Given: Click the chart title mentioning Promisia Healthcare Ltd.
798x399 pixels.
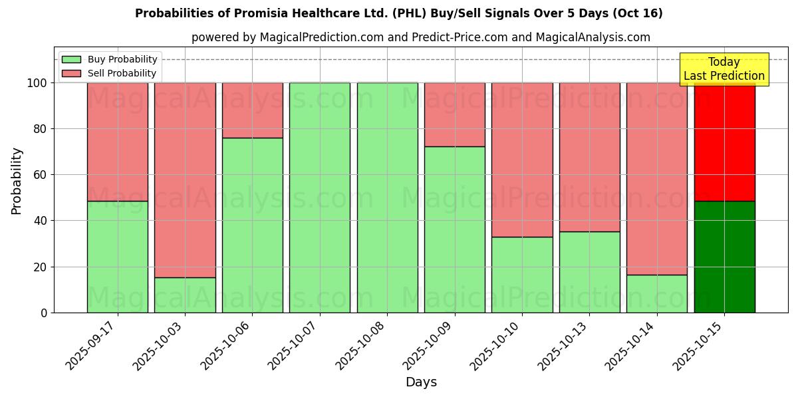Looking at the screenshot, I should pyautogui.click(x=398, y=13).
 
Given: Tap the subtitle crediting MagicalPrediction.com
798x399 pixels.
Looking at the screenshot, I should pyautogui.click(x=420, y=37).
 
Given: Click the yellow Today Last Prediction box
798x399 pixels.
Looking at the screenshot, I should pyautogui.click(x=724, y=69).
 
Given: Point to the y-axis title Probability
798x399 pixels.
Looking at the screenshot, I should pyautogui.click(x=17, y=181).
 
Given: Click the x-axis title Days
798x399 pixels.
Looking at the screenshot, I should pyautogui.click(x=421, y=382).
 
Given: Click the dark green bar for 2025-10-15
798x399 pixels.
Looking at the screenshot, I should pyautogui.click(x=724, y=257).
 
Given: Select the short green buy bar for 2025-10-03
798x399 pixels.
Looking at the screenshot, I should pyautogui.click(x=185, y=295).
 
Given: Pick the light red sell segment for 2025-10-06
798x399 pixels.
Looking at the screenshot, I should pyautogui.click(x=252, y=110).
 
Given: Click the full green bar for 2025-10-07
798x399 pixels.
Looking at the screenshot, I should pyautogui.click(x=320, y=198).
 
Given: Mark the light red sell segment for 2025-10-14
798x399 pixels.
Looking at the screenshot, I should pyautogui.click(x=656, y=178).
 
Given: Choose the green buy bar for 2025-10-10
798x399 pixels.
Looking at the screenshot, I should pyautogui.click(x=522, y=275).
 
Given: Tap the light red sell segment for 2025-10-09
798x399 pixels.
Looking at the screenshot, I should pyautogui.click(x=455, y=114).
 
